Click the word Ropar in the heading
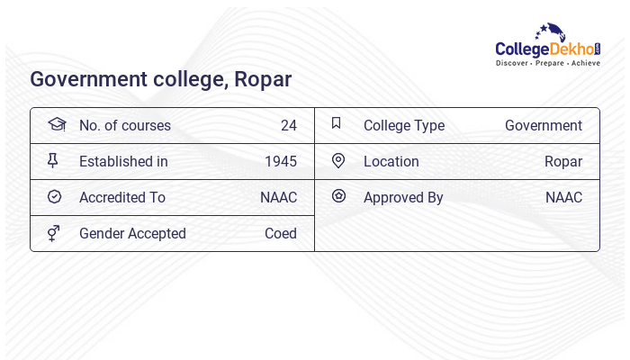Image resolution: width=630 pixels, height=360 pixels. [x=263, y=79]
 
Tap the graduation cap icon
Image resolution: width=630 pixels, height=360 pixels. [x=57, y=124]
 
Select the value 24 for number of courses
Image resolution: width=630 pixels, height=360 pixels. [x=288, y=126]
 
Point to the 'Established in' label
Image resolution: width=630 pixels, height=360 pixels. [x=123, y=162]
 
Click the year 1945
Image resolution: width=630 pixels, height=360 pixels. [x=280, y=162]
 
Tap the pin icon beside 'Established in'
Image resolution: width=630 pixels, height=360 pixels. [x=53, y=161]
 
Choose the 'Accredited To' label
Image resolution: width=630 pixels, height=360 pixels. [x=122, y=198]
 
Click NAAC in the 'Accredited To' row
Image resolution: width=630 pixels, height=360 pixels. [x=278, y=198]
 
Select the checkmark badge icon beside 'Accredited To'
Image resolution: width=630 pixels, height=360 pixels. [x=54, y=197]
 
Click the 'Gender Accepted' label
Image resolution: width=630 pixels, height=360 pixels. [x=132, y=234]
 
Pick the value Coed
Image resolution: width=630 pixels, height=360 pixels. [x=280, y=234]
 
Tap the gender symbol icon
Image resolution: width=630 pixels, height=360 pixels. [x=54, y=233]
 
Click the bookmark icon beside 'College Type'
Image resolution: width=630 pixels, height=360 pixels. [x=336, y=123]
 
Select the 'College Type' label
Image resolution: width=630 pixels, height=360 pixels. [x=404, y=126]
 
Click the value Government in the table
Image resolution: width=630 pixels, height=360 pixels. [x=544, y=126]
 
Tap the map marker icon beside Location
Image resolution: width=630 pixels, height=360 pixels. [x=338, y=161]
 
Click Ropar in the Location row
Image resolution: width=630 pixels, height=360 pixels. [x=563, y=162]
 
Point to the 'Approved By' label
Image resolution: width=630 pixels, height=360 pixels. [x=403, y=198]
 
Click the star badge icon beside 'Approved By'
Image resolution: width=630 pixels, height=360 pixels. [x=338, y=195]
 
